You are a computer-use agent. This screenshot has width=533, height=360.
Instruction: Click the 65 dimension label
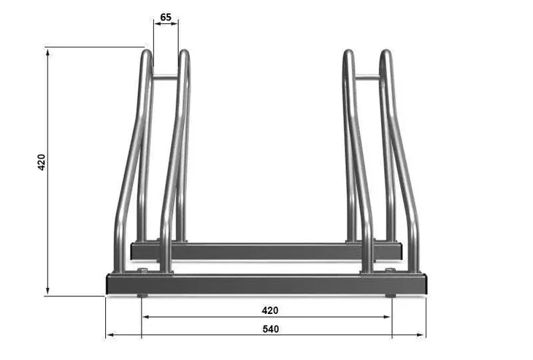[166, 17]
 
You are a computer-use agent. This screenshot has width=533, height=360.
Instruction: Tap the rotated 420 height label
[41, 162]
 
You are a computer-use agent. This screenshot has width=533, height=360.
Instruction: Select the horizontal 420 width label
[270, 310]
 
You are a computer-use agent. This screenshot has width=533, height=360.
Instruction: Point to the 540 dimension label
[271, 329]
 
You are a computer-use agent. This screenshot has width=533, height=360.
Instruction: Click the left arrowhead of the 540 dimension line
[110, 335]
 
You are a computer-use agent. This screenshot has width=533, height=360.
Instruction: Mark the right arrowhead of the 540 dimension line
[421, 335]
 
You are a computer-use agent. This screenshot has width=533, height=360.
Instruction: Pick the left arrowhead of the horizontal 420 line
[146, 317]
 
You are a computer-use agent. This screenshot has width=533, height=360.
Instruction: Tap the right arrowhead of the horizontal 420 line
[387, 317]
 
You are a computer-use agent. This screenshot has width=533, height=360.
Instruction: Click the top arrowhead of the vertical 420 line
[47, 53]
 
